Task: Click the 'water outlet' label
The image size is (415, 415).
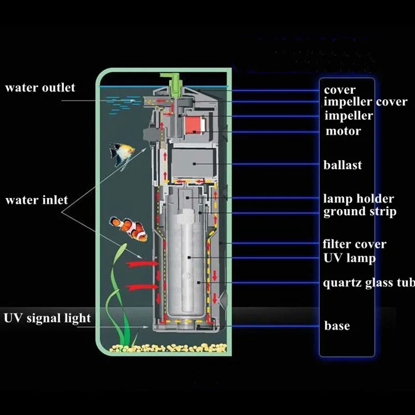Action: coord(40,88)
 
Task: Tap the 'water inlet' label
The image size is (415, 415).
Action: coord(36,200)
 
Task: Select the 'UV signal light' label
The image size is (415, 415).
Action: coord(47,317)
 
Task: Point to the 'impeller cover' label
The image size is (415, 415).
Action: coord(366,102)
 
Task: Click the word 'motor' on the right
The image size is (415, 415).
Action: coord(343,131)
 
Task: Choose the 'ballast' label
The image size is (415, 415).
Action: coord(342,165)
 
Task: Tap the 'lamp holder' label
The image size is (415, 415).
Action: coord(358,199)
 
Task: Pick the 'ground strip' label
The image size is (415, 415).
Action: coord(360,212)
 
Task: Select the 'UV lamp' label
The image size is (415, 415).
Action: coord(349,257)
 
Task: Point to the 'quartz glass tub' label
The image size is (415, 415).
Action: coord(369,283)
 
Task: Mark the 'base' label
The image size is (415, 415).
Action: coord(337,326)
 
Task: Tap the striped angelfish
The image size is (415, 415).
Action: coord(122,154)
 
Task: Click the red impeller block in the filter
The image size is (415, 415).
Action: coord(190,124)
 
